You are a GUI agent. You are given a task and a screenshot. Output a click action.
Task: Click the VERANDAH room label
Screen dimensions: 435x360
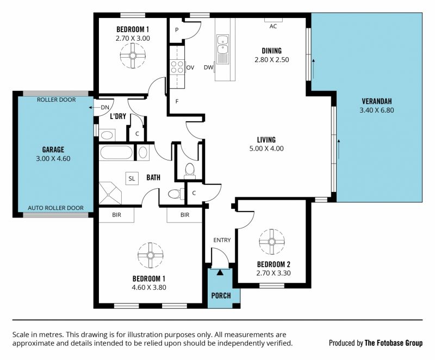377,101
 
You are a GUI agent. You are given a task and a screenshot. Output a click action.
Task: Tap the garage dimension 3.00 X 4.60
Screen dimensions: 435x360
53,159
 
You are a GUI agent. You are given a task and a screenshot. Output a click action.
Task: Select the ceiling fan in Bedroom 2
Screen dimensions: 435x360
272,242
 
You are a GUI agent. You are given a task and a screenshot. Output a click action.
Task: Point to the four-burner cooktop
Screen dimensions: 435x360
177,67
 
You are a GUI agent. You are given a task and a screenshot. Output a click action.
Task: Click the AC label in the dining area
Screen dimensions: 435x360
274,26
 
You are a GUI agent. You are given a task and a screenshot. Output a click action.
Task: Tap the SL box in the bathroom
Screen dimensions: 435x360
132,178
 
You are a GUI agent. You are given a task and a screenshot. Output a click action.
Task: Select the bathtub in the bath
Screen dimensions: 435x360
116,153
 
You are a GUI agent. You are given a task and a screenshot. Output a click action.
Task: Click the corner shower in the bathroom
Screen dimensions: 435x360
110,193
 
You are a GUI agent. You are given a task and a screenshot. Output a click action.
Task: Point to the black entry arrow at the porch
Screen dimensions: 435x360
220,272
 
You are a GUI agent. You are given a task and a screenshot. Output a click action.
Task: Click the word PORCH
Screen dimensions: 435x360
221,296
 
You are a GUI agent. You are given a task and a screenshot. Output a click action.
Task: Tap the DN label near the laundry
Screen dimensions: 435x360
105,107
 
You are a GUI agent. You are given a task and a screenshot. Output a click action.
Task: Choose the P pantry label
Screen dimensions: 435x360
177,30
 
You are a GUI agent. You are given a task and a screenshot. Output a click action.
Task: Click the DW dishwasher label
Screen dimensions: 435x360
208,67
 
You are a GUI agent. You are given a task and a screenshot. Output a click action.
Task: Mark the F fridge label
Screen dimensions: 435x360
177,102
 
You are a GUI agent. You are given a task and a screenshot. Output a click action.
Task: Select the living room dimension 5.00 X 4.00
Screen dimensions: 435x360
266,148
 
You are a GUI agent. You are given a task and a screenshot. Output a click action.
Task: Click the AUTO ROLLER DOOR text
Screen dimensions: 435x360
56,208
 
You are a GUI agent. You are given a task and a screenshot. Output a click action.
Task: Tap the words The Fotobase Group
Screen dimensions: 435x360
394,343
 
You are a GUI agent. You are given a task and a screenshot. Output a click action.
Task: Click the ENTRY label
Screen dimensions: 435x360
222,240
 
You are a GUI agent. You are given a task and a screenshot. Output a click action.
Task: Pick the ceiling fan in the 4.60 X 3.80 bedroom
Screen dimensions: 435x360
151,255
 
